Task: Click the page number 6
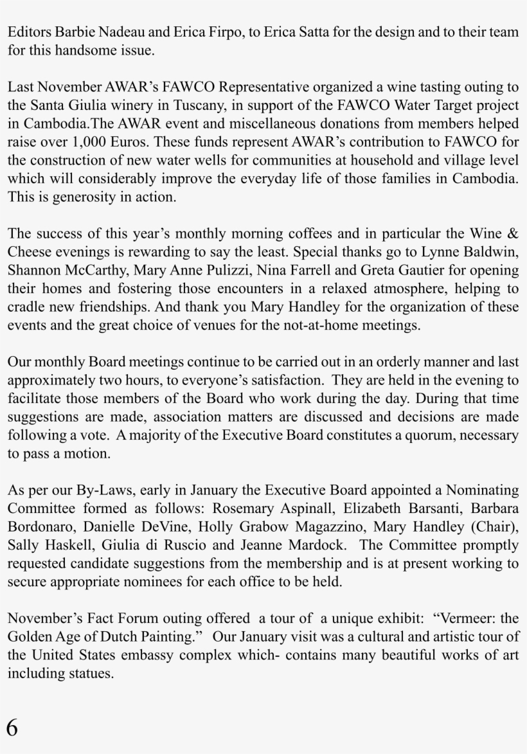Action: click(12, 727)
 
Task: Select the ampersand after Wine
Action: click(513, 233)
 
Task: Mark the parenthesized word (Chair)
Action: click(494, 528)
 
